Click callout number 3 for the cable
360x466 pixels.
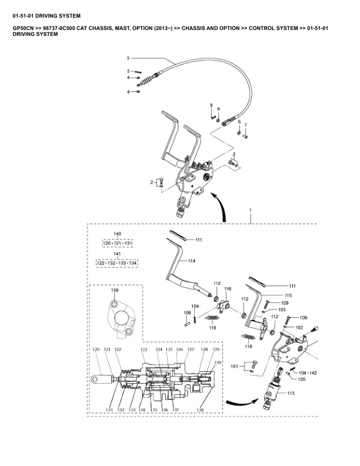tap(128, 58)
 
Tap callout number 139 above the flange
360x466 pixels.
tap(115, 290)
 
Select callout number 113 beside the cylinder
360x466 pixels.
tap(291, 393)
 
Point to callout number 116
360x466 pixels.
tap(228, 289)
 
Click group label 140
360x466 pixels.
tap(117, 234)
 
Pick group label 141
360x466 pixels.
tap(117, 254)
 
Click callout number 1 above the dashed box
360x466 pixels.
tap(250, 210)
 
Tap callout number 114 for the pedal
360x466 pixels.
tap(192, 261)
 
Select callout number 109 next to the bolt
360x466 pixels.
tap(285, 303)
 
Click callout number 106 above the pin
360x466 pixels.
tap(187, 312)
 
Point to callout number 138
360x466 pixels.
tap(200, 410)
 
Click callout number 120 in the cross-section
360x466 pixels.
tap(96, 349)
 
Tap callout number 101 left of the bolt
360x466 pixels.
tap(234, 366)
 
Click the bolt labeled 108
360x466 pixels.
tap(288, 321)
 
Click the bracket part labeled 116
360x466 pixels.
tap(224, 305)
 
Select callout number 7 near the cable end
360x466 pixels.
tap(245, 125)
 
